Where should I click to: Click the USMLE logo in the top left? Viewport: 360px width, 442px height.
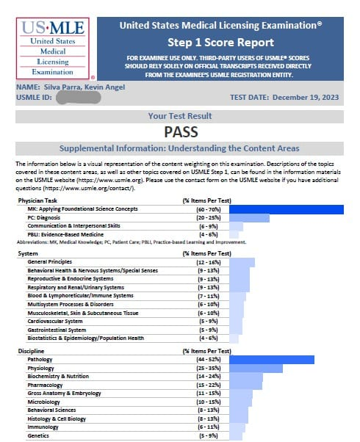(x=52, y=48)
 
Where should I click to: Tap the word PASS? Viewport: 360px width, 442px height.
(x=184, y=132)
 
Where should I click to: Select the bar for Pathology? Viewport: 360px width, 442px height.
(x=271, y=359)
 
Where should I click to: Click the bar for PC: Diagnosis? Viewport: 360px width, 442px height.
(x=249, y=218)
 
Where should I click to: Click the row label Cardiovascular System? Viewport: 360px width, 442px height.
(x=55, y=321)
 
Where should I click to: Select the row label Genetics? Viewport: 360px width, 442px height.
(x=39, y=435)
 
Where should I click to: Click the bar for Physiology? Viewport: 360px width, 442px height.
(x=256, y=368)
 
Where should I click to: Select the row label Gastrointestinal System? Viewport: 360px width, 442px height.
(x=58, y=330)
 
